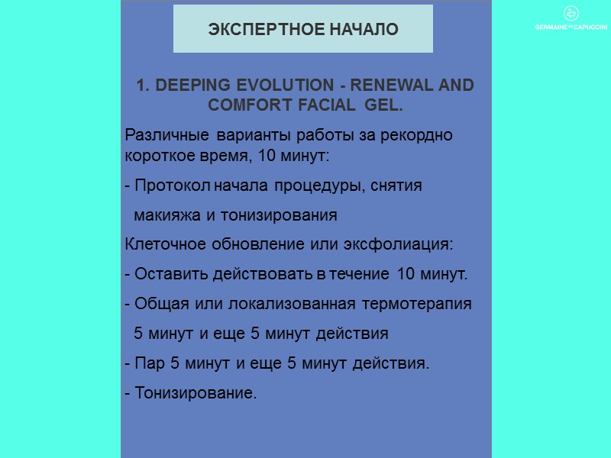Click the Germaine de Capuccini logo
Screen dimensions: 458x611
point(570,18)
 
